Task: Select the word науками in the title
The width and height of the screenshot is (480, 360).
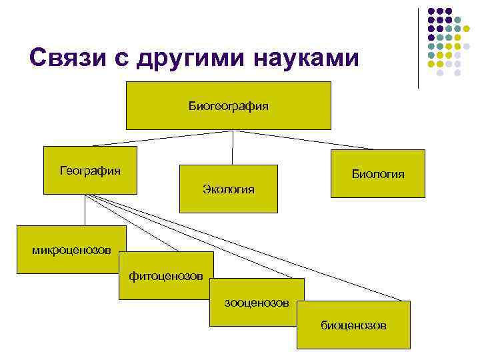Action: coord(304,59)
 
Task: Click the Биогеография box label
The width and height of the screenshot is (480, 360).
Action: coord(229,105)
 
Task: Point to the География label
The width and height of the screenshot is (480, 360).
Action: coord(90,171)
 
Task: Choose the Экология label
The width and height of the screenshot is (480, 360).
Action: coord(229,189)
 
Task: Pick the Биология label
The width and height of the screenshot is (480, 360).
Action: coord(378,174)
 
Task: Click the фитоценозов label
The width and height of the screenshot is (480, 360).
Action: coord(166,276)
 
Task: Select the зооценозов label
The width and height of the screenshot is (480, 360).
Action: coord(257,303)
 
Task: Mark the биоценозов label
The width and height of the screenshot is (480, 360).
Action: coord(353,325)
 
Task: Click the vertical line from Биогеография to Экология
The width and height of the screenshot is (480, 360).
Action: coord(232,147)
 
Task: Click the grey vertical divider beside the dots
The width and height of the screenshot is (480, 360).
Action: coord(418,47)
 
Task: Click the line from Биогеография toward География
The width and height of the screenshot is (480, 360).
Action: coord(163,137)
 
